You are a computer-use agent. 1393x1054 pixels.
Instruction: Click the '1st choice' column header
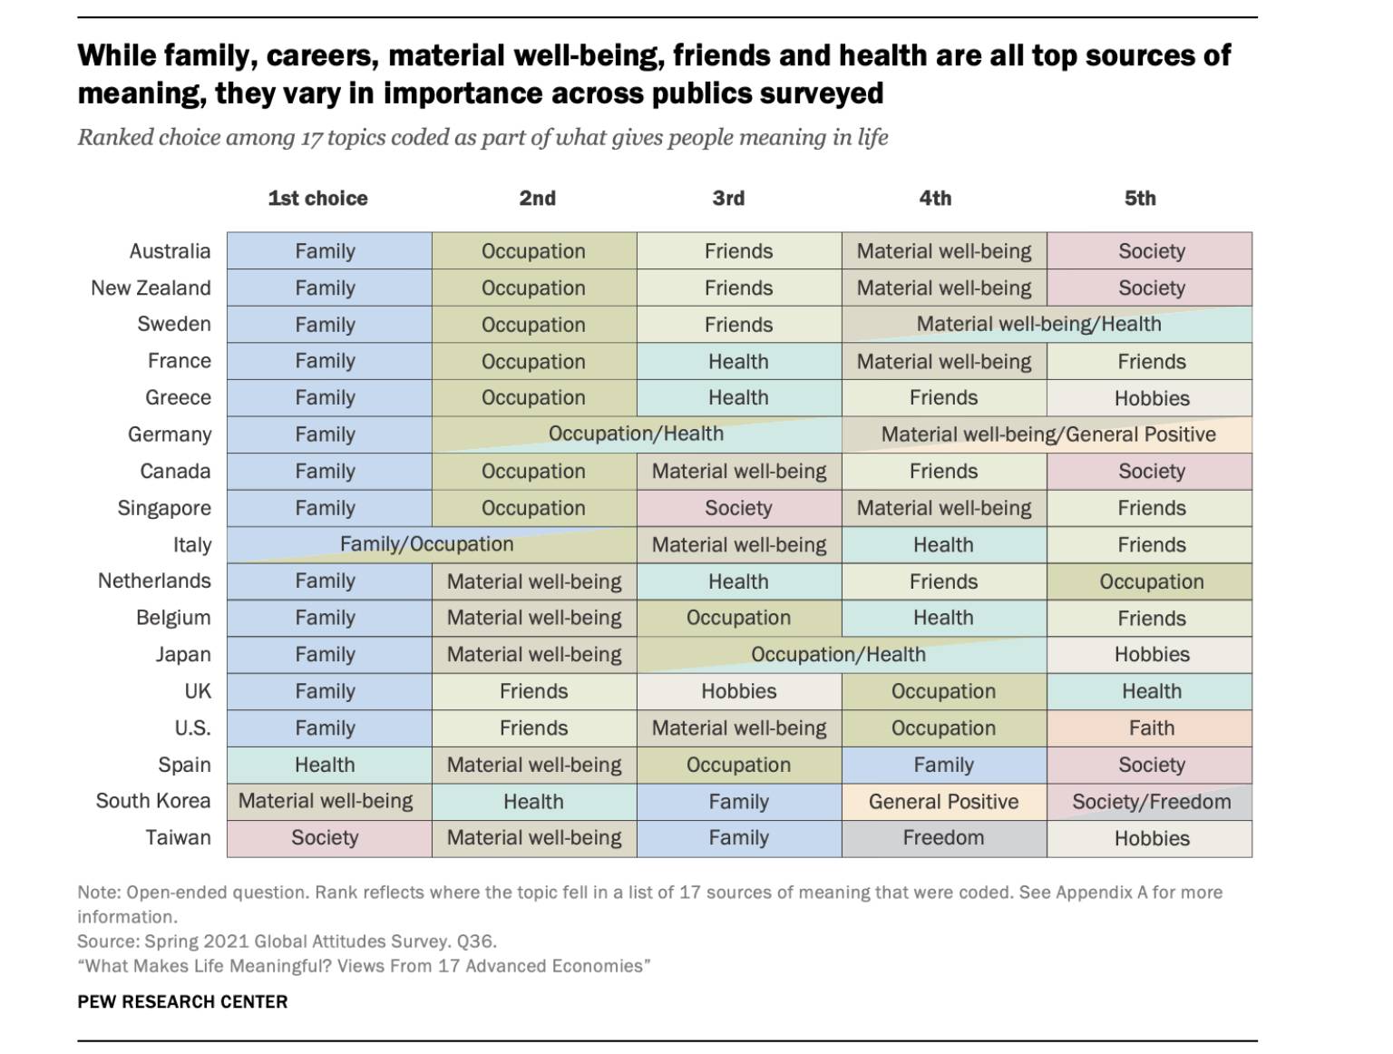click(317, 199)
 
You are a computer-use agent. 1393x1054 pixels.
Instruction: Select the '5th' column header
click(1140, 199)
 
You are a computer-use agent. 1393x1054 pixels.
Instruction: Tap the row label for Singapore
click(164, 508)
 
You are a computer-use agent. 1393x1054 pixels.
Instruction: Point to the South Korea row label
click(153, 801)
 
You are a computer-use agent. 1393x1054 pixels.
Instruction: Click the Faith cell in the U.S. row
click(1151, 728)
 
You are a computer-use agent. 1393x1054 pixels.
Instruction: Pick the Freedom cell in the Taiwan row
click(943, 838)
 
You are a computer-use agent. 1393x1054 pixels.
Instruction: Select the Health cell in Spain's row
click(325, 765)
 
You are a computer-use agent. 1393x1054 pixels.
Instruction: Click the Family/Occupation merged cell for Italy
click(426, 544)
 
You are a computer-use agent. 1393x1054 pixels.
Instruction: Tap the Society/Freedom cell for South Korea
click(1151, 802)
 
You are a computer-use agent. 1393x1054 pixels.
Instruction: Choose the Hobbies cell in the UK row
click(738, 691)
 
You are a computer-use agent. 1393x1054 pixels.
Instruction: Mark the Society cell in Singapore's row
click(738, 508)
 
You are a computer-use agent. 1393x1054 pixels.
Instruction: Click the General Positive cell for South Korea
click(943, 802)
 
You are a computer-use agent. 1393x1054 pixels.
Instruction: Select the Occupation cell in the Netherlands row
click(1151, 581)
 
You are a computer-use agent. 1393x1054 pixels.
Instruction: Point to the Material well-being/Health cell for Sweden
click(1038, 324)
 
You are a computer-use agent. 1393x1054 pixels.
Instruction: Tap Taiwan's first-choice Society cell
click(325, 838)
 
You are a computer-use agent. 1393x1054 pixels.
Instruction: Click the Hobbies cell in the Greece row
click(1151, 398)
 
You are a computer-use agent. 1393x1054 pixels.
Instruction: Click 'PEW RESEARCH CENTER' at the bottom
click(182, 1002)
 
